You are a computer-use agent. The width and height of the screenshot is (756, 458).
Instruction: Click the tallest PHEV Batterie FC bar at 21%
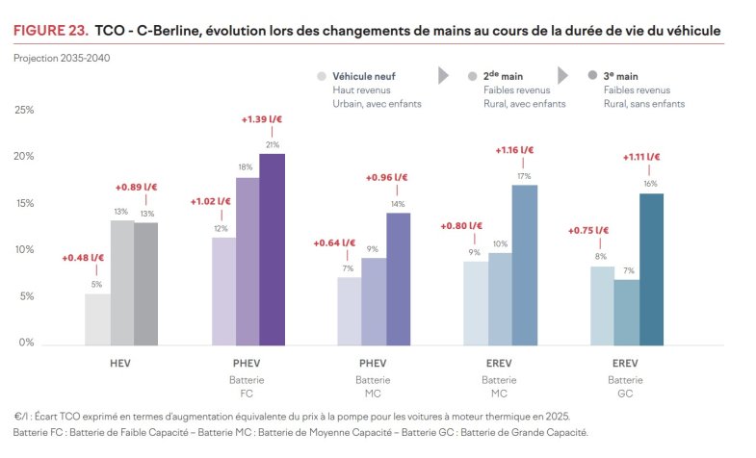(272, 249)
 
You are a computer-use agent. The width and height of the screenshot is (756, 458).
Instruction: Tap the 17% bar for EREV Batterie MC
(525, 265)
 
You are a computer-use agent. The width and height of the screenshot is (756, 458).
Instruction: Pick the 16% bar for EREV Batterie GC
(651, 269)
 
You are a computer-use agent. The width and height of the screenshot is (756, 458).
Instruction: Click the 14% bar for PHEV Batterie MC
(398, 279)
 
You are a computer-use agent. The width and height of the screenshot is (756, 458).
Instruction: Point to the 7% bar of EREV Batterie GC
(626, 312)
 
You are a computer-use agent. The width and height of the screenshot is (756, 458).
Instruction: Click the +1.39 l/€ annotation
(261, 119)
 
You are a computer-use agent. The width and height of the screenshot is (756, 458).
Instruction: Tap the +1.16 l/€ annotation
(514, 150)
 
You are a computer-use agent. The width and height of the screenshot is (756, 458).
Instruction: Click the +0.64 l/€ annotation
(334, 242)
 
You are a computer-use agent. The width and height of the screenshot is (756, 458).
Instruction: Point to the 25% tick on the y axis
(24, 110)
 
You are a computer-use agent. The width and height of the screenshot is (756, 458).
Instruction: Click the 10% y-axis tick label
(24, 250)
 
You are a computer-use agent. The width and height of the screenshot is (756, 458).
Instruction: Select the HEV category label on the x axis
(121, 365)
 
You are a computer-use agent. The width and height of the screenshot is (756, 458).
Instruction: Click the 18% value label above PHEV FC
(247, 167)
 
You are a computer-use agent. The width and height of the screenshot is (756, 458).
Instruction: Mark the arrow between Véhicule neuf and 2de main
(444, 75)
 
